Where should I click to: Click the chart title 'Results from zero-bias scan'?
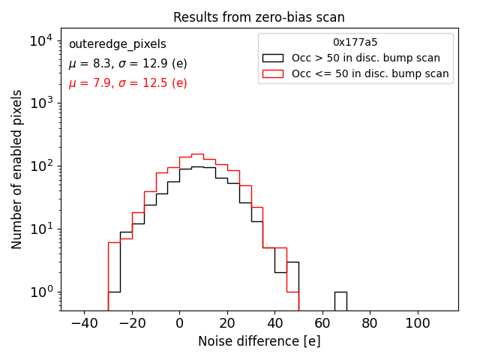pos(259,17)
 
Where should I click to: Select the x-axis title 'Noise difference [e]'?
pos(259,341)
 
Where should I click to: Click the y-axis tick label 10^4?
pos(40,40)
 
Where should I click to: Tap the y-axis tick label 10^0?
pos(40,292)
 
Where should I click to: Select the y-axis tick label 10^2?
pos(40,166)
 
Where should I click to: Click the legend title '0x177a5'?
pos(355,43)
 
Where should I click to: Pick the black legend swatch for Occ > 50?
pos(273,58)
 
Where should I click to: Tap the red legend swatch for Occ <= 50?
pos(273,73)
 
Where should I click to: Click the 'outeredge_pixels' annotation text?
pos(117,45)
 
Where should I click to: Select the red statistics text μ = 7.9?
pos(127,83)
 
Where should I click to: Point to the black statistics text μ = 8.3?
pos(127,64)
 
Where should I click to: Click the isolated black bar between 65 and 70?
pos(340,301)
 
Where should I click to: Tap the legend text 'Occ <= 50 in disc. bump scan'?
pos(370,73)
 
